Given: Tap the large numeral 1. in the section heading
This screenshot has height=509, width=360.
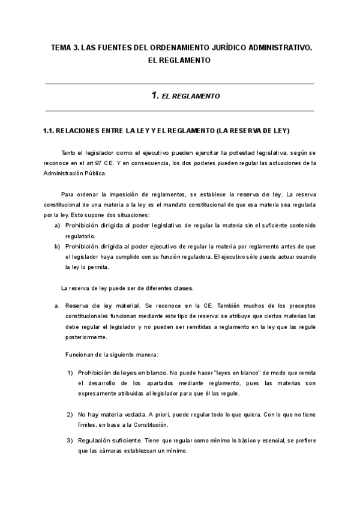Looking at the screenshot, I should (155, 95).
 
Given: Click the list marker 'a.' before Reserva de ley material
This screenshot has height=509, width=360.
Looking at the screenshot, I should (57, 305).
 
